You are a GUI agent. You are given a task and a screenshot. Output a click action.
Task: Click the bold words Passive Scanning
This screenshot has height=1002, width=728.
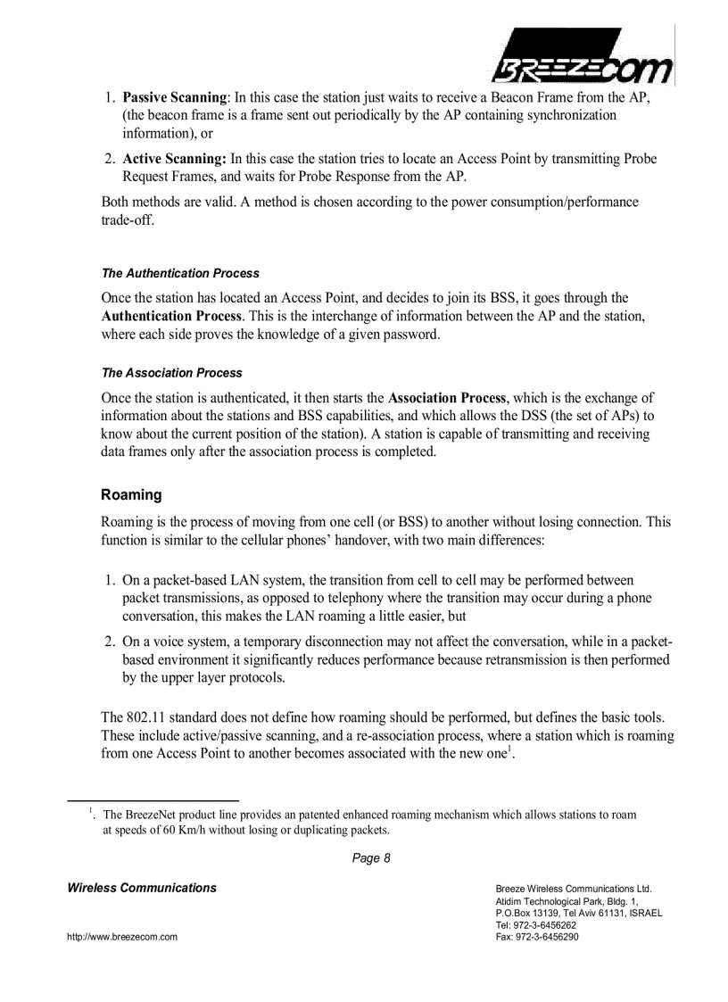coord(175,97)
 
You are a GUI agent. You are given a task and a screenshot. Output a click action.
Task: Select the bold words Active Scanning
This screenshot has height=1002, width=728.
coord(175,159)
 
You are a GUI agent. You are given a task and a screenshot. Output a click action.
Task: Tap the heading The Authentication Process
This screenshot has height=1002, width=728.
coord(180,273)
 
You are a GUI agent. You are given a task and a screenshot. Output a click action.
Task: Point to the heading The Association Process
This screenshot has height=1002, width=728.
coord(171,373)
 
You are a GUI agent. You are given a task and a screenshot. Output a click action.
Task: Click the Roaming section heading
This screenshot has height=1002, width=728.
coord(131,494)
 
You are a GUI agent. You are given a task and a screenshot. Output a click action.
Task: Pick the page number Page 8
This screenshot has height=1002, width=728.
coord(371,858)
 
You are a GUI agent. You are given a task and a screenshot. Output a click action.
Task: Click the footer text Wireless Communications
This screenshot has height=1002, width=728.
coord(142,888)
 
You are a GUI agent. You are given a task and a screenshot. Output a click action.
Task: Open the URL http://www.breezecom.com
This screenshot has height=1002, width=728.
coord(122,937)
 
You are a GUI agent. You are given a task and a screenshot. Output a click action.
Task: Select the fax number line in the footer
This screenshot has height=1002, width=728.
coord(536,937)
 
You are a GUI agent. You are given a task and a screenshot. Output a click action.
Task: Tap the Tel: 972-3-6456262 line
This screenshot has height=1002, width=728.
coord(535,925)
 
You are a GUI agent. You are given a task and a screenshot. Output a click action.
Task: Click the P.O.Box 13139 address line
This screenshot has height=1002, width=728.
coord(578,913)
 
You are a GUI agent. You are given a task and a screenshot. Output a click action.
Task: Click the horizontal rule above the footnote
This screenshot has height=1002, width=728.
coord(153,800)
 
